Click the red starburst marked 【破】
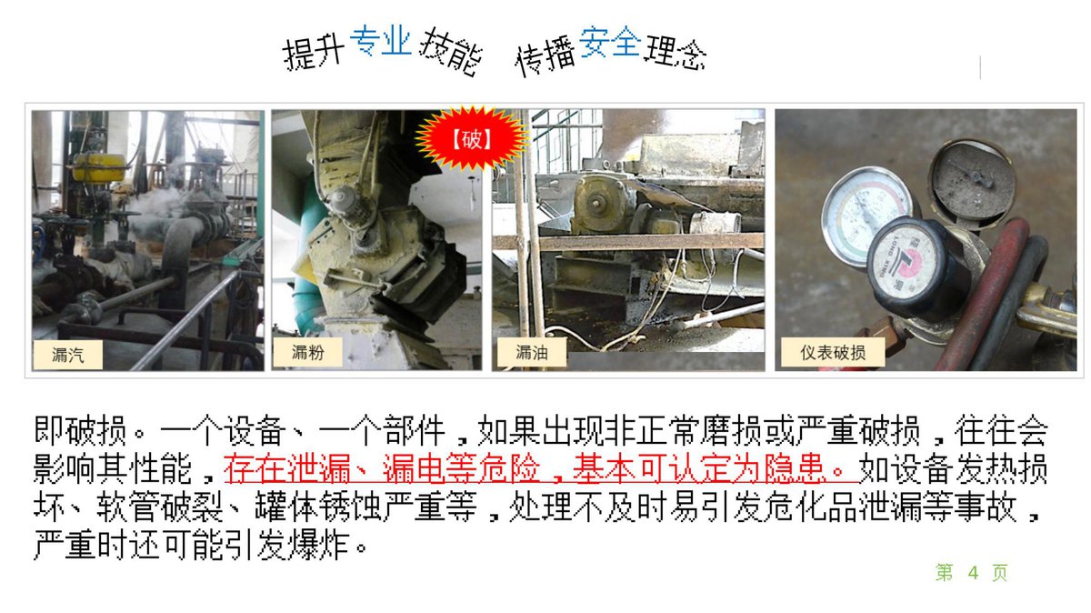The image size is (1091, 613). point(471,139)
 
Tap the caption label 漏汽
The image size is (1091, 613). point(67,355)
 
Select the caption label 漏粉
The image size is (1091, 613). point(307,352)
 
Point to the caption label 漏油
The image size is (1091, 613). point(531,352)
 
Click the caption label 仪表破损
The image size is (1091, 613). point(833,352)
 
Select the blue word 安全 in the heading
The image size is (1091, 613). point(610,42)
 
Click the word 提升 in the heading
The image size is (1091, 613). point(313,52)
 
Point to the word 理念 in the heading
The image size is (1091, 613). point(676,52)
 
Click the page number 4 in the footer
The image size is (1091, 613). point(973,573)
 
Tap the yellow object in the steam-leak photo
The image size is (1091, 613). point(99,167)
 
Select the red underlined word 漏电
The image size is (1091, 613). point(413,468)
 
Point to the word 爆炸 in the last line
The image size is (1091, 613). point(319,545)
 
